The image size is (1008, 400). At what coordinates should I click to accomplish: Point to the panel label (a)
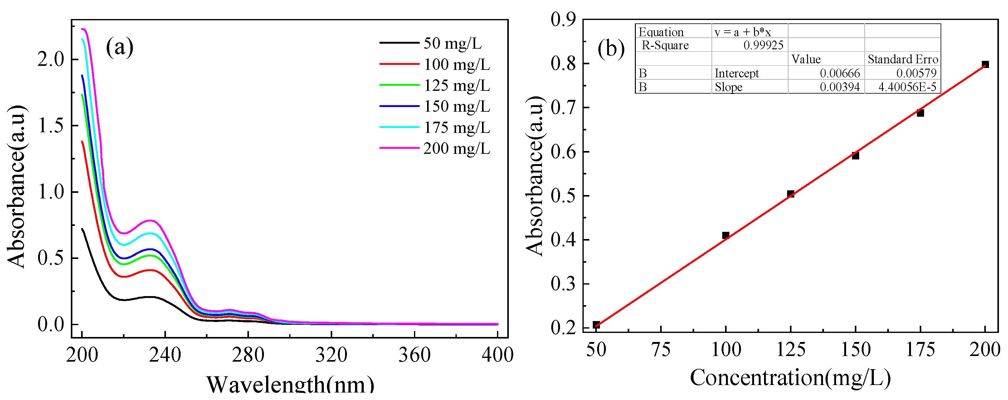[120, 47]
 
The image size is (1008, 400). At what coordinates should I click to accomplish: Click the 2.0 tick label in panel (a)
[51, 60]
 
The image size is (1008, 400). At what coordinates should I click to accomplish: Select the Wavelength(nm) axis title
[290, 385]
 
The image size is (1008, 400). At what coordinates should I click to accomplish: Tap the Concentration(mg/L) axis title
[790, 378]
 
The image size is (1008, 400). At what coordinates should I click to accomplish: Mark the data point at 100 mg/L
[725, 235]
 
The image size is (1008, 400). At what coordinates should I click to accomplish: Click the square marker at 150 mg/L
[855, 155]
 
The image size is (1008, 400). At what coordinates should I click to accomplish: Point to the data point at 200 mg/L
[985, 65]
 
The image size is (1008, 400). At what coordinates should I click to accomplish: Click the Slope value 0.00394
[840, 87]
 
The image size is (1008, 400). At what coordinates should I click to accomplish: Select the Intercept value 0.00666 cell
[840, 73]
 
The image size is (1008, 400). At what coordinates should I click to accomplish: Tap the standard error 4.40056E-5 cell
[907, 87]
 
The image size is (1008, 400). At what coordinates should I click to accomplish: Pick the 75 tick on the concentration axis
[661, 349]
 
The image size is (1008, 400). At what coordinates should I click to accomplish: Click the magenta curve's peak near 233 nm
[150, 220]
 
